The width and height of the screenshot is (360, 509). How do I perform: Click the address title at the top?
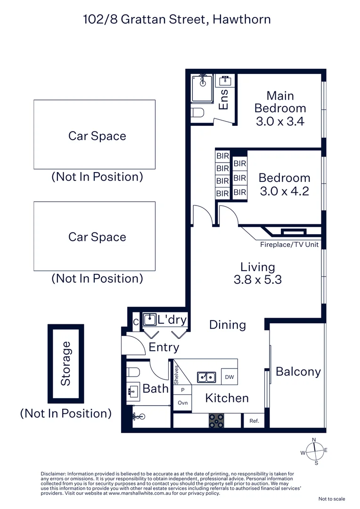(x=177, y=19)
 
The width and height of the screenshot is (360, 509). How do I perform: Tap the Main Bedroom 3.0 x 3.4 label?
(x=280, y=108)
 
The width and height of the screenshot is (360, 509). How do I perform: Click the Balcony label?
(x=298, y=371)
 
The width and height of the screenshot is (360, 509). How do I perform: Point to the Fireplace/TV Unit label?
(x=289, y=245)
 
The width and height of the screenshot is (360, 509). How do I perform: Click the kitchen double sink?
(x=206, y=377)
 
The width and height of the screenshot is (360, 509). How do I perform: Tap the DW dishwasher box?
(x=229, y=377)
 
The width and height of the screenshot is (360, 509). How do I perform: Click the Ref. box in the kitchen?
(x=254, y=421)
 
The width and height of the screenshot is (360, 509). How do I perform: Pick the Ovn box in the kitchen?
(x=182, y=403)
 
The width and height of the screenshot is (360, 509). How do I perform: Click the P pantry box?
(x=183, y=390)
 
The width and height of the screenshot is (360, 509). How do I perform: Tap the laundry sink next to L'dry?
(x=149, y=320)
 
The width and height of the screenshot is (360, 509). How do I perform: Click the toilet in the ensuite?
(x=198, y=113)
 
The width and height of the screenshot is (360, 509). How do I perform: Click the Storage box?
(x=65, y=363)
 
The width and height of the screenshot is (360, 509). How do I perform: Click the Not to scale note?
(x=332, y=499)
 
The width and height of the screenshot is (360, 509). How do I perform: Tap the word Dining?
(x=228, y=325)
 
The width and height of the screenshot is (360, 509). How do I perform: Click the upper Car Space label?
(x=97, y=136)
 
